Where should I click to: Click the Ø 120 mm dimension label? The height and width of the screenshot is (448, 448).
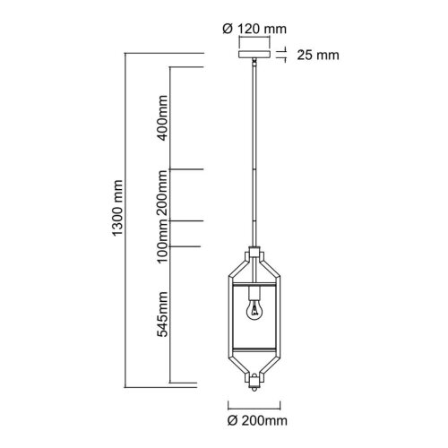click(254, 29)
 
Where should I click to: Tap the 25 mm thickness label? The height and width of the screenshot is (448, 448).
click(318, 56)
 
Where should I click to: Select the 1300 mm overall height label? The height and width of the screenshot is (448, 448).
click(117, 208)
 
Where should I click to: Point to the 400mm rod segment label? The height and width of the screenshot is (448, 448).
click(162, 117)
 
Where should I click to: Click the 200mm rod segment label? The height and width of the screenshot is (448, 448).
click(162, 194)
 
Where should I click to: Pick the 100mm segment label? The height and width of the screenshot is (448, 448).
click(162, 241)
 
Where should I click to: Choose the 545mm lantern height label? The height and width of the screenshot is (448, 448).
click(162, 314)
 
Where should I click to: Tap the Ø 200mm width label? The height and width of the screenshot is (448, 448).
click(257, 421)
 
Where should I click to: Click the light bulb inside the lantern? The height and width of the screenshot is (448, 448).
click(254, 310)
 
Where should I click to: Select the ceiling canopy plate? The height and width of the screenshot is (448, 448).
click(254, 54)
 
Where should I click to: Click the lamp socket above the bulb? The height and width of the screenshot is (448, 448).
click(254, 293)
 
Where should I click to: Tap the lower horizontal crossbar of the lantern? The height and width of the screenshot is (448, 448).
click(254, 349)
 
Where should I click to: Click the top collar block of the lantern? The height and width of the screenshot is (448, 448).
click(254, 252)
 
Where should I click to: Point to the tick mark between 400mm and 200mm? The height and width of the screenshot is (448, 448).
click(186, 169)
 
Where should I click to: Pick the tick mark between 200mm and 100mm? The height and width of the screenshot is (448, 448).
click(186, 221)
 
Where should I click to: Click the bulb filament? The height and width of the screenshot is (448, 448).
click(254, 310)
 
